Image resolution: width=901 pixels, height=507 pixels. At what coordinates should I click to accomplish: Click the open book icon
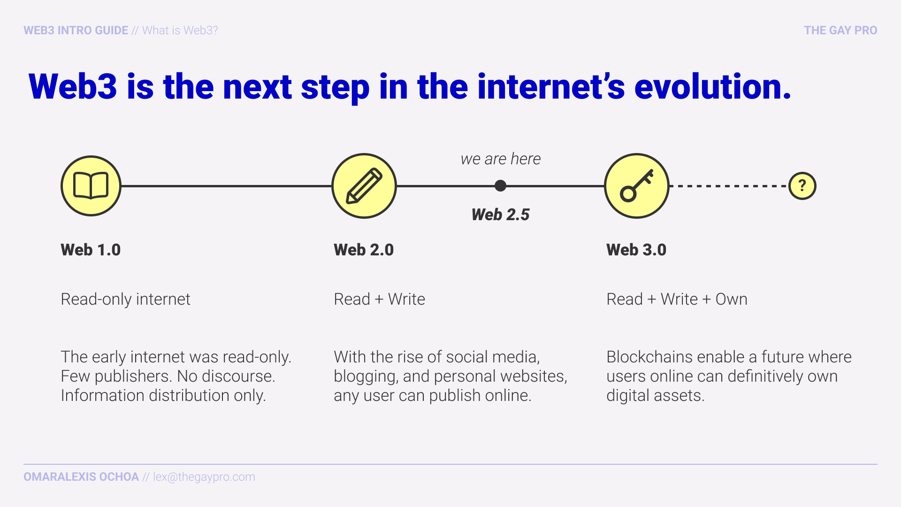click(x=91, y=186)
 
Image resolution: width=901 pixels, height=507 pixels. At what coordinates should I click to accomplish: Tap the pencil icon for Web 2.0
click(x=364, y=186)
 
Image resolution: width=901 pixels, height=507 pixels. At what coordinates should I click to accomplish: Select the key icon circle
click(x=636, y=186)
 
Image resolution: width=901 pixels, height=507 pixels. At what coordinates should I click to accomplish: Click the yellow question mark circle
click(x=802, y=186)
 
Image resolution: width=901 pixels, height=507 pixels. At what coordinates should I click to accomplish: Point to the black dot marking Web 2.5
click(x=500, y=186)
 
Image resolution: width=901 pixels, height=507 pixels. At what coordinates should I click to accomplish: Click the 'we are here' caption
click(x=500, y=159)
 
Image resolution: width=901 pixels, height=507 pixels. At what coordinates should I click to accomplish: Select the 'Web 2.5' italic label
click(x=500, y=215)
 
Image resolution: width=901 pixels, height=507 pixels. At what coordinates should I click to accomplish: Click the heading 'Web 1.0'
click(x=91, y=250)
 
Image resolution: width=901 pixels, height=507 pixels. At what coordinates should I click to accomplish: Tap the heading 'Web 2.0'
click(x=364, y=250)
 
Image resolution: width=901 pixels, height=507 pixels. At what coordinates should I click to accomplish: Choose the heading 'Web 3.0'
click(x=636, y=250)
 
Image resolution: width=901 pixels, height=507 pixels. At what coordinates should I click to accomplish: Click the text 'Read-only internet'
click(x=125, y=299)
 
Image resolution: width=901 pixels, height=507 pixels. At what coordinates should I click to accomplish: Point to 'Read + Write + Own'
click(x=677, y=299)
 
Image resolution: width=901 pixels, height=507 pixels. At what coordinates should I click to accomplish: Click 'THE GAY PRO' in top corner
click(x=840, y=31)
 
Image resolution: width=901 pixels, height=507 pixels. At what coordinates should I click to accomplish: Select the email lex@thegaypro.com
click(x=204, y=477)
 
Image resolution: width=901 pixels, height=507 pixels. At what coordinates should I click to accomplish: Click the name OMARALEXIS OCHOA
click(x=81, y=477)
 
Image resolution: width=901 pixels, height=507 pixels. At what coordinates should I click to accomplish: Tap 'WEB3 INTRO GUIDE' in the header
click(x=76, y=31)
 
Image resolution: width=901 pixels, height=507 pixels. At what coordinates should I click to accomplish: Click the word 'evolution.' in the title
click(x=712, y=87)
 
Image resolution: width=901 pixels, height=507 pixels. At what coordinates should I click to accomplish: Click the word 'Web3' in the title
click(x=73, y=87)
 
